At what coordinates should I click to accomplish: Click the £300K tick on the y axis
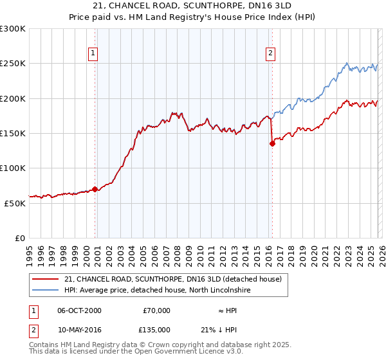coord(13,29)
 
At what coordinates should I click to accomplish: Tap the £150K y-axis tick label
coord(13,134)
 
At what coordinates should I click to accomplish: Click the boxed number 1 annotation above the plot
coord(93,53)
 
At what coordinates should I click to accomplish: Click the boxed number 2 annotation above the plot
coord(270,53)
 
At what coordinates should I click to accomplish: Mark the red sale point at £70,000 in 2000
coord(95,189)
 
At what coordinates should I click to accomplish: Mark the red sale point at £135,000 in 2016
coord(272,144)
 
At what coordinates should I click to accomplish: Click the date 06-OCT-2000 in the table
coord(79,310)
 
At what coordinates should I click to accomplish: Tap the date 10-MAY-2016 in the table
coord(79,329)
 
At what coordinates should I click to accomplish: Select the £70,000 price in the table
coord(156,310)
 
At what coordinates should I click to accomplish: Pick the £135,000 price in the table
coord(156,329)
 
